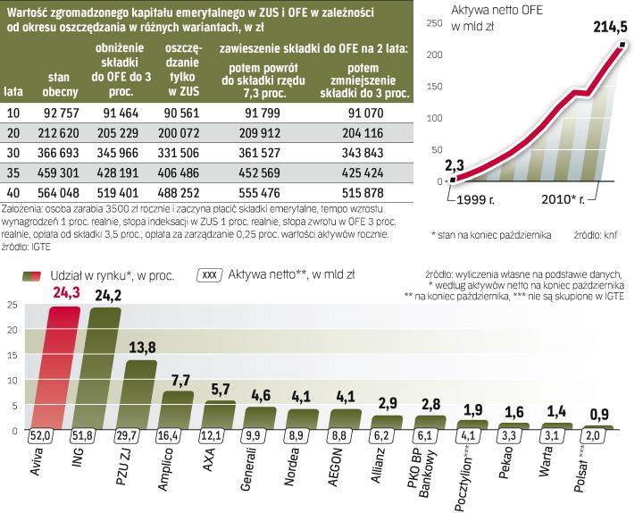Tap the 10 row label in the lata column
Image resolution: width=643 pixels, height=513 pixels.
point(13,113)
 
